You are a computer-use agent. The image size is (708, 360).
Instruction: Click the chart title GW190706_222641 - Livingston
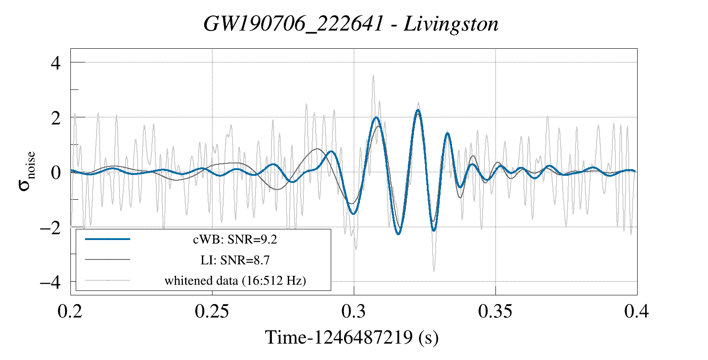[x=351, y=24]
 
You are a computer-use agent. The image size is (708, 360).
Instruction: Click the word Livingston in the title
[x=451, y=24]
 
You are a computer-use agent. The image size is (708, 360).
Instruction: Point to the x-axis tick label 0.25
[x=212, y=311]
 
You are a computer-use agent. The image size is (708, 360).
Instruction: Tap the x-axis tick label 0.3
[x=353, y=311]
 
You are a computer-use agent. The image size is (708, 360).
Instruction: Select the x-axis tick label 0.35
[x=495, y=311]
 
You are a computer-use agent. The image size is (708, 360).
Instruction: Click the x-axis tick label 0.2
[x=70, y=311]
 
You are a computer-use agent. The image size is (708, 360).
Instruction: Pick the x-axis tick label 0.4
[x=637, y=311]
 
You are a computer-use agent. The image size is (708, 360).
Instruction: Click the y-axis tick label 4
[x=56, y=63]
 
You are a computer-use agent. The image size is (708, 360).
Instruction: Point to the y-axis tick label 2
[x=56, y=118]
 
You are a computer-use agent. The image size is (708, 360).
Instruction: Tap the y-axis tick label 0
[x=56, y=173]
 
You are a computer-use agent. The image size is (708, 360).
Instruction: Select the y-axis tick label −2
[x=50, y=228]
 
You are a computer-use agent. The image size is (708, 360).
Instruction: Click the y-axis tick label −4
[x=50, y=282]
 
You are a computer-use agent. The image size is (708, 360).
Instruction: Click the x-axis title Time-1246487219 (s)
[x=352, y=337]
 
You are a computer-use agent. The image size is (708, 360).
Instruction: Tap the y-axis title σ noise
[x=27, y=172]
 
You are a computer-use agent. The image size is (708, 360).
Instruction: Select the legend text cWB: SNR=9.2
[x=235, y=240]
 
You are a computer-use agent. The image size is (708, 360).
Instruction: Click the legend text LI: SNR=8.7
[x=235, y=260]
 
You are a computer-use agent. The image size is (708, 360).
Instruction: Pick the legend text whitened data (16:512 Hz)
[x=235, y=280]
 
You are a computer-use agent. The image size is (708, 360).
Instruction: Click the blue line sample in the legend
[x=108, y=239]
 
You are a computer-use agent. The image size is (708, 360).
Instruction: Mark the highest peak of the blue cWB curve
[x=418, y=110]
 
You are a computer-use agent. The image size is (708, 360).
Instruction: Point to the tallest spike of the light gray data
[x=373, y=76]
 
